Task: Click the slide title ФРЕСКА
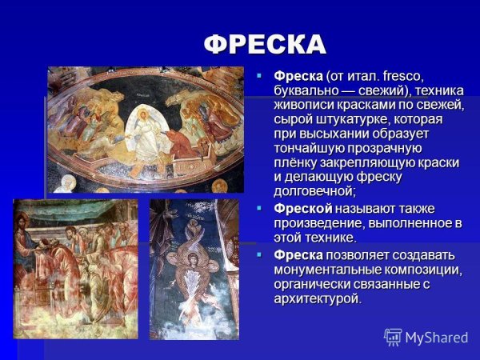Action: coord(265,43)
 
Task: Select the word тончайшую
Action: coord(309,148)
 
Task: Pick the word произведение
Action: coord(315,223)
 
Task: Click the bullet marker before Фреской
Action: coord(258,208)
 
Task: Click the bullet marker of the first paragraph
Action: coord(258,74)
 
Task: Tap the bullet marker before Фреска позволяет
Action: coord(258,254)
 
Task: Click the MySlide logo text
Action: coord(436,337)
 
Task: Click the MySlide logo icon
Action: coord(393,337)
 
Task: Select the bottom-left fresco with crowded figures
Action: coord(76,268)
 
